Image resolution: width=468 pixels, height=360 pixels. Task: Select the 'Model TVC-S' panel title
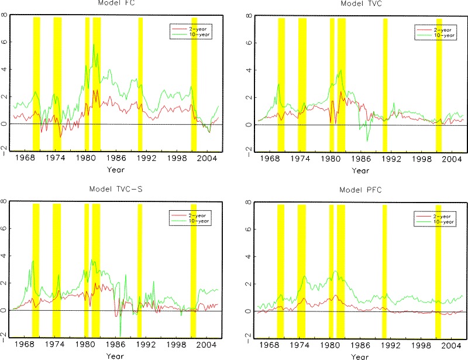(115, 189)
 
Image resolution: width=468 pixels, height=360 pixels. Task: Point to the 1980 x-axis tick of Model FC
(86, 159)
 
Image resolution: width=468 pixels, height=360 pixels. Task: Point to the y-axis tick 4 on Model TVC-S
(4, 256)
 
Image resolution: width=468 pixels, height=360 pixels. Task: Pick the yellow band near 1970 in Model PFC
(280, 269)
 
